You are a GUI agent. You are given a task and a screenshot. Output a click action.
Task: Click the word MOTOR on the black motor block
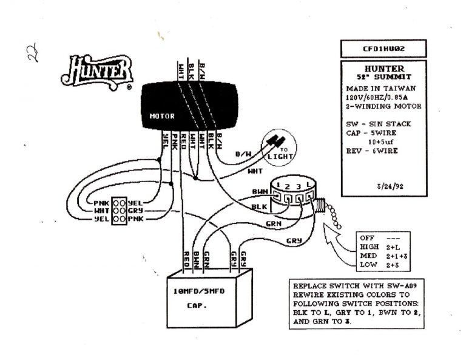click(x=161, y=115)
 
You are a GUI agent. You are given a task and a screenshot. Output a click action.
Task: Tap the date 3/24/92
click(x=390, y=186)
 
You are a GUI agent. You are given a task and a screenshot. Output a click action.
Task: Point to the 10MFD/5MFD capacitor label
click(x=199, y=291)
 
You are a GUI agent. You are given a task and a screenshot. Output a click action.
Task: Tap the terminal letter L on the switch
click(x=309, y=185)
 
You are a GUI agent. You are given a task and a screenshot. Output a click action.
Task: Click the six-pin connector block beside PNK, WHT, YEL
click(x=119, y=210)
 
